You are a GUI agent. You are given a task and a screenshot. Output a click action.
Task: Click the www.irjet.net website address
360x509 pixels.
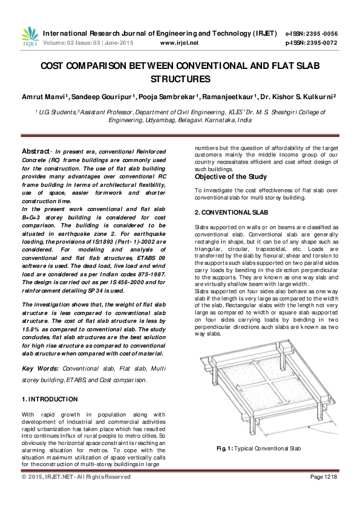180,43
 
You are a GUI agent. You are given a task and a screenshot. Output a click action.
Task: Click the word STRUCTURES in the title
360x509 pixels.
180,79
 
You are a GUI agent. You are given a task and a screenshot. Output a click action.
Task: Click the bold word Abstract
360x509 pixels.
35,151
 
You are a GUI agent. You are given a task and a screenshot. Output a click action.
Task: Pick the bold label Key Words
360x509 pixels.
36,368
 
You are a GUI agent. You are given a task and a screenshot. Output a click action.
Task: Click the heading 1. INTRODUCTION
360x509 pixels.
50,399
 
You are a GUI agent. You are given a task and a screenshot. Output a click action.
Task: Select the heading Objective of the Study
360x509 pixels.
227,177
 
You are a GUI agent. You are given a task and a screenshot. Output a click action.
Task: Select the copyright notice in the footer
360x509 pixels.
76,477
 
